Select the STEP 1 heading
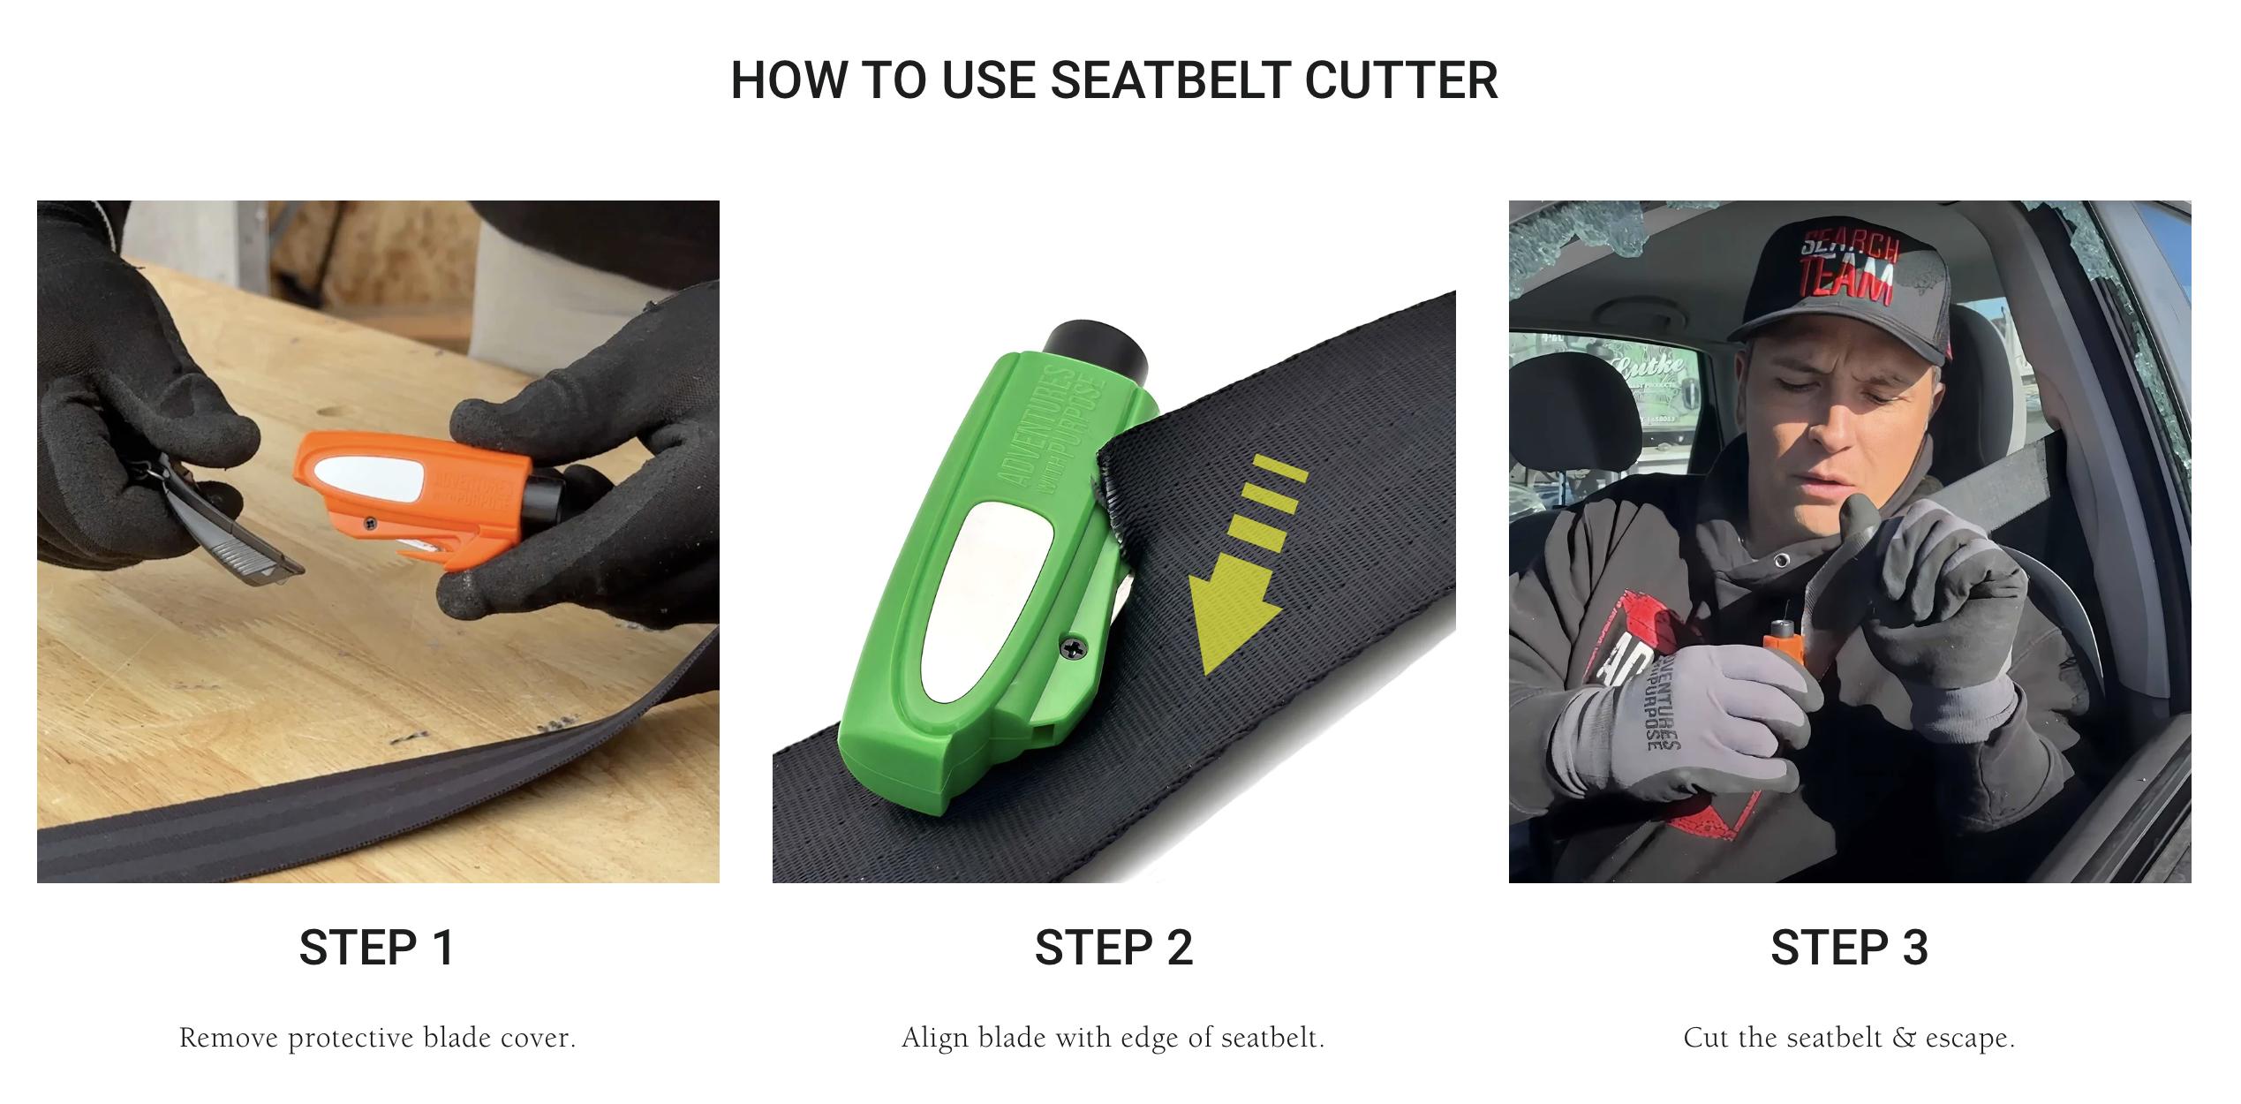[377, 948]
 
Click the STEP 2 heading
[1113, 948]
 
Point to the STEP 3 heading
[1849, 948]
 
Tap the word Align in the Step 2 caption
[935, 1038]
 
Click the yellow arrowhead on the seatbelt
[1229, 614]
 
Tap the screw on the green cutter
[1074, 649]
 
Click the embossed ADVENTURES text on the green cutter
[1042, 424]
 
